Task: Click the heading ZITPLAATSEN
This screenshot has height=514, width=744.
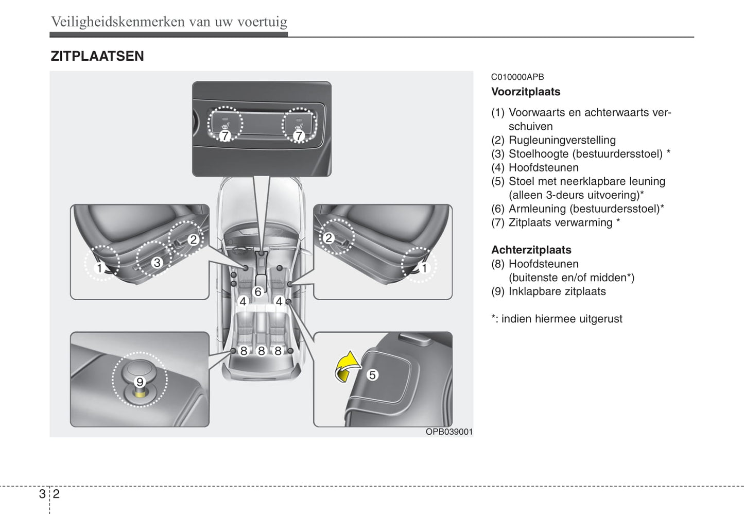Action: point(97,56)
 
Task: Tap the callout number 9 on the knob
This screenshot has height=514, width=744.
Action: point(140,382)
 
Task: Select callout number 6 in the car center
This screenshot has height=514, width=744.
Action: point(258,292)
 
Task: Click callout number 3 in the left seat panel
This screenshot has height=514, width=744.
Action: point(157,263)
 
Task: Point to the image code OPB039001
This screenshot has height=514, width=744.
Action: point(448,432)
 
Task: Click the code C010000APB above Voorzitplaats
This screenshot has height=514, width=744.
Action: point(517,77)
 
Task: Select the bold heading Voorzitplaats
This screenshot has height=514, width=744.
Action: point(525,92)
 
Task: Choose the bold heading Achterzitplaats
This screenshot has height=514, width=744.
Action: point(531,250)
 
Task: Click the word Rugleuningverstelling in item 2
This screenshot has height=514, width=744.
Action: point(562,140)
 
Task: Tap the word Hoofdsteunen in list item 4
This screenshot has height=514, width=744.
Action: point(543,168)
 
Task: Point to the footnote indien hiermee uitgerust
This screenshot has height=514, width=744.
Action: point(561,319)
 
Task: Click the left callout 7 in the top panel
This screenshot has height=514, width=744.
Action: point(225,136)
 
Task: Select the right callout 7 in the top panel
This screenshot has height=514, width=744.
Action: point(299,136)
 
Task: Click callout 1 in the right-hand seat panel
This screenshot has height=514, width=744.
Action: point(424,268)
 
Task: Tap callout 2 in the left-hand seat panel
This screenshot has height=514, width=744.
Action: point(193,239)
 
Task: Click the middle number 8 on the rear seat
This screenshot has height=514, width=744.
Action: point(261,351)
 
